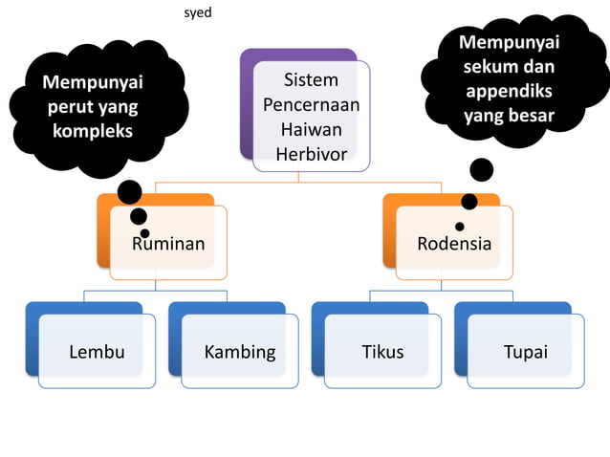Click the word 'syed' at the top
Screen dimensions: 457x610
[x=197, y=13]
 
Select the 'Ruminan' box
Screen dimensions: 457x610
[x=168, y=244]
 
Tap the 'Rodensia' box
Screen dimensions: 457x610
[x=454, y=244]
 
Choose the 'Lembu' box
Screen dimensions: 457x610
[x=97, y=352]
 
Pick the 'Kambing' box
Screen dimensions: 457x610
[x=239, y=352]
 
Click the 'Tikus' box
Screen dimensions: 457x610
[x=381, y=352]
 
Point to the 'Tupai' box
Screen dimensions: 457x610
[x=525, y=352]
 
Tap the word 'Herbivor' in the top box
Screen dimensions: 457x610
[x=311, y=154]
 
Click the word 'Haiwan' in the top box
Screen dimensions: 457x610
[x=311, y=129]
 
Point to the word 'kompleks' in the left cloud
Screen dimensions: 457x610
[x=93, y=130]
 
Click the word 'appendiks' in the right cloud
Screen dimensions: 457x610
[x=509, y=92]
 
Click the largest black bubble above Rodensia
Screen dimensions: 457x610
[x=481, y=170]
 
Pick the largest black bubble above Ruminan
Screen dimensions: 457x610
[x=129, y=192]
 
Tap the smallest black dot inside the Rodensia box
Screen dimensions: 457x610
[x=459, y=227]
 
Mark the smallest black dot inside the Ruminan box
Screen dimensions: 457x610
[x=144, y=233]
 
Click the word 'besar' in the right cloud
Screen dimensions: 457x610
[x=532, y=116]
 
